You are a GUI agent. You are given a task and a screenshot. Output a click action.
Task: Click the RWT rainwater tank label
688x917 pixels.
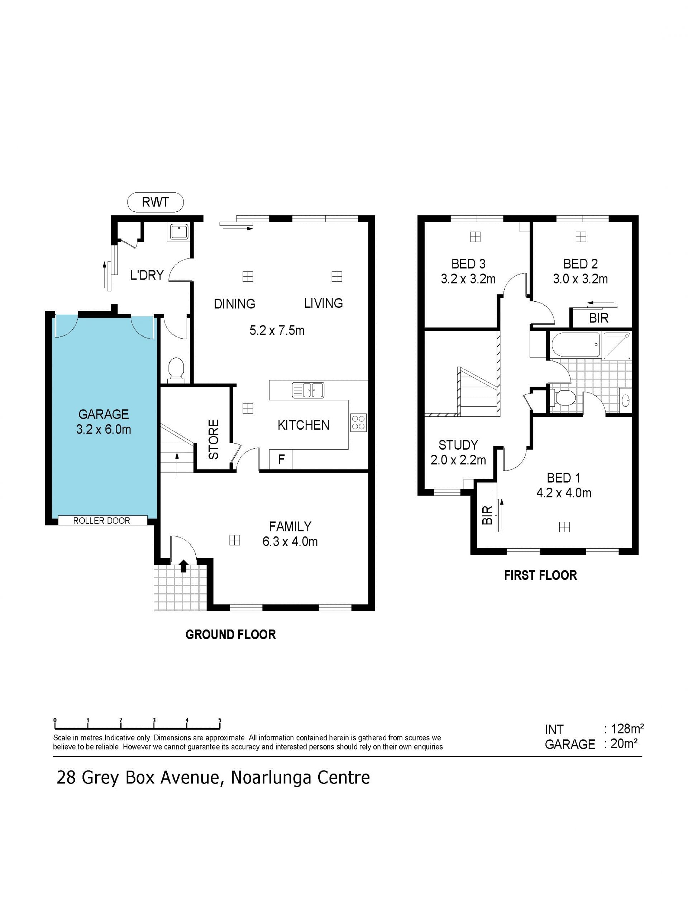coord(156,202)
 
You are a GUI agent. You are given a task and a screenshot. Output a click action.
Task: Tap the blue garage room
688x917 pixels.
coord(104,417)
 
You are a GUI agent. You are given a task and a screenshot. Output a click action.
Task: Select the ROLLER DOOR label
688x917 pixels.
coord(101,521)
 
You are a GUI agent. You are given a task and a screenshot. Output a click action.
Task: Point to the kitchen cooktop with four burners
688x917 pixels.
coord(358,423)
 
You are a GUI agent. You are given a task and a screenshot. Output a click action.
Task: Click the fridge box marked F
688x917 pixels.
coord(281,460)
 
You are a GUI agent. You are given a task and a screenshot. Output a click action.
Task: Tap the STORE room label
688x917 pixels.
coord(214,439)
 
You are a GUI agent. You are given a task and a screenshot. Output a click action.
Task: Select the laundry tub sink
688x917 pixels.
coord(179,232)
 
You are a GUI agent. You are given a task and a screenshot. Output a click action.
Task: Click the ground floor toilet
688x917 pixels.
coord(176,369)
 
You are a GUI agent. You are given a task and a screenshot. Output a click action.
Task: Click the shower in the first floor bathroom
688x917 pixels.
coord(617,345)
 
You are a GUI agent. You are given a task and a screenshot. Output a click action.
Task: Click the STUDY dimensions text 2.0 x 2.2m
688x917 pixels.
coord(458,460)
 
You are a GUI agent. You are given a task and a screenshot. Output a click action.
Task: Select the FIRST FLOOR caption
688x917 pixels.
coord(540,575)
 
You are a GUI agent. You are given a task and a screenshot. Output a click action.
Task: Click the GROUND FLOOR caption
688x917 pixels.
coord(230,635)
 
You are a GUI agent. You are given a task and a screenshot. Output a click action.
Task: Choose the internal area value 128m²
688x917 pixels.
coord(627,729)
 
